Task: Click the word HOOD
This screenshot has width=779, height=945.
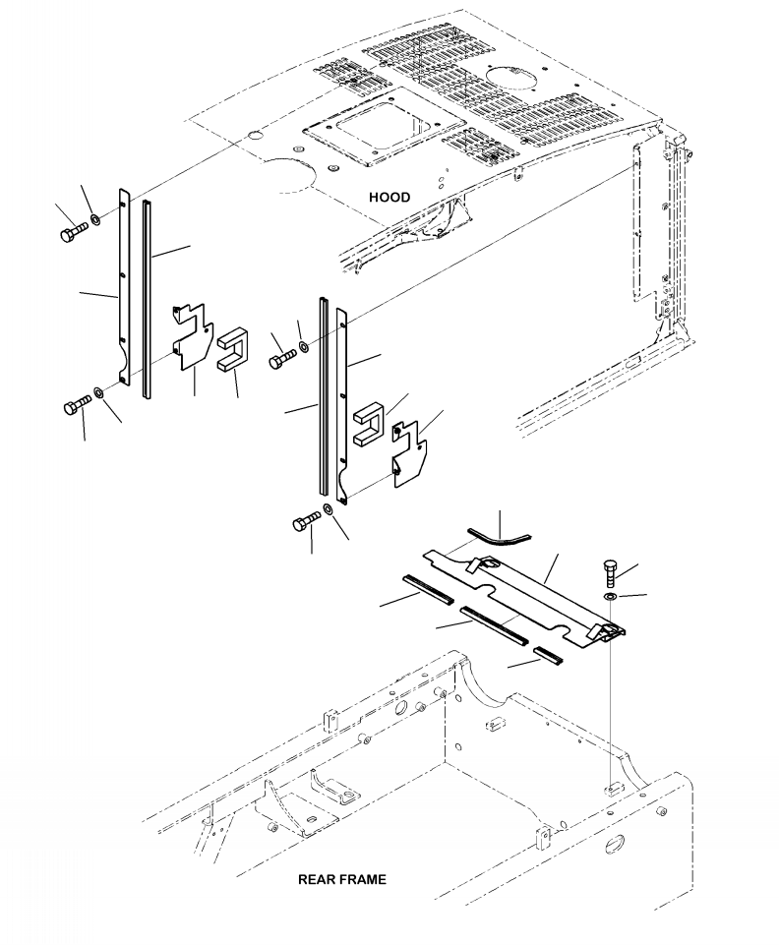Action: coord(389,197)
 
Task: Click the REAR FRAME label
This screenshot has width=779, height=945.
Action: coord(342,879)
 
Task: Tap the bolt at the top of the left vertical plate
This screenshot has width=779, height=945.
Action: coord(74,231)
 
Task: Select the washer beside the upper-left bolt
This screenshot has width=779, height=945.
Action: coord(95,218)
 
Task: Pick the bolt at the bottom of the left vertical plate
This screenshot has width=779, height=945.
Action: coord(77,404)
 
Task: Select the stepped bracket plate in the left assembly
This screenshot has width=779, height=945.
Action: coord(193,336)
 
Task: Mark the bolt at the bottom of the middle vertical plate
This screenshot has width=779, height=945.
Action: coord(307,521)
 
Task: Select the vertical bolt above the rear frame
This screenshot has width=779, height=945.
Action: coord(610,573)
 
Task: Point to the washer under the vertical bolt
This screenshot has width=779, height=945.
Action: coord(610,597)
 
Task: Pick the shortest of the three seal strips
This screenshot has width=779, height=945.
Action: coord(549,656)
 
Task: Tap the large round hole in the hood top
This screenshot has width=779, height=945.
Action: coord(509,81)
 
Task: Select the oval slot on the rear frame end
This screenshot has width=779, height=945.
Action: coord(616,844)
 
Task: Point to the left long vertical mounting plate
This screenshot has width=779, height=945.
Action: coord(124,287)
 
